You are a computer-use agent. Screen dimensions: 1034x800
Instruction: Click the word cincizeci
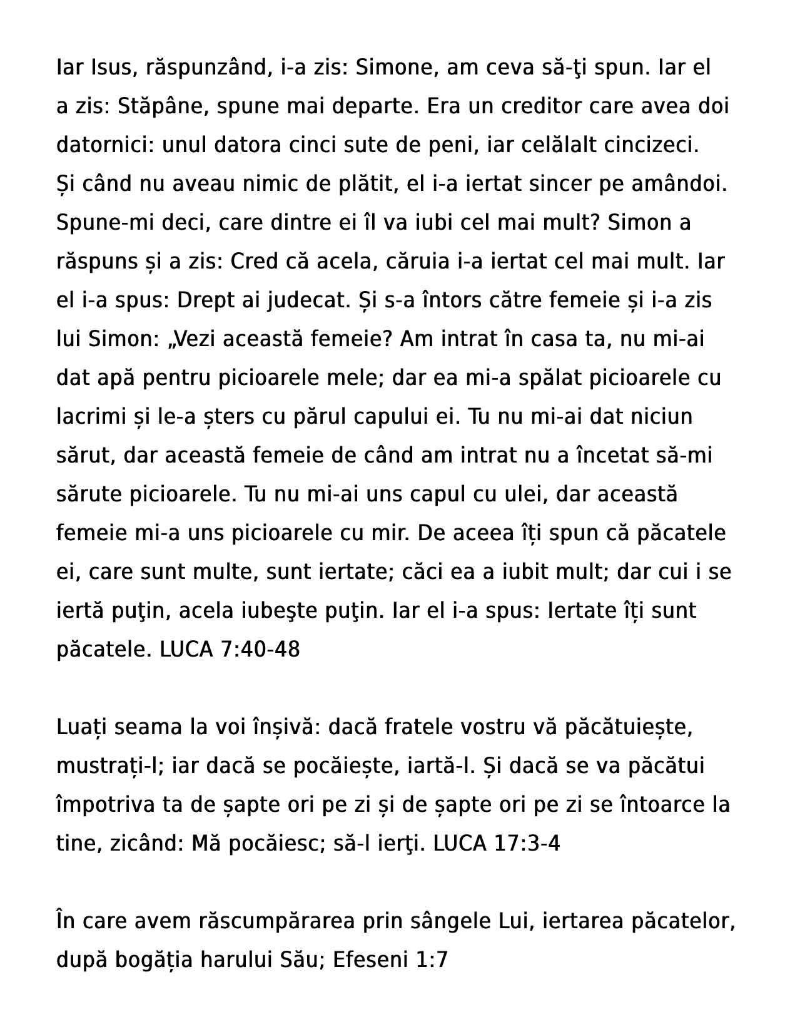coord(651,145)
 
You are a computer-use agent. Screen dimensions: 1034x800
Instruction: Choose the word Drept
coord(206,300)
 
